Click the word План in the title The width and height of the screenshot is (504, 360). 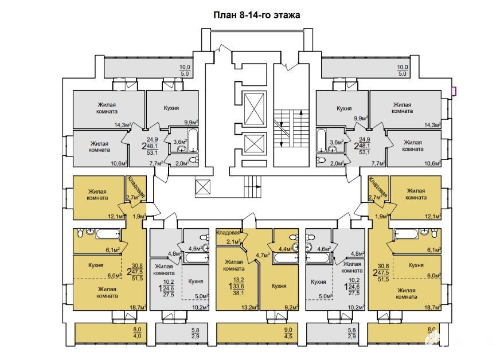[225, 15]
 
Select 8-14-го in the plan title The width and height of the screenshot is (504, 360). [255, 15]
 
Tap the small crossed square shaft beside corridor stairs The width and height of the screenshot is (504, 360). [203, 187]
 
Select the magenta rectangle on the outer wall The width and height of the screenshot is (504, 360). [454, 92]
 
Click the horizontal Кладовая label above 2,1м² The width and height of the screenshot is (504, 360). [228, 232]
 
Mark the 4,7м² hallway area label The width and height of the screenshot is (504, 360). [262, 256]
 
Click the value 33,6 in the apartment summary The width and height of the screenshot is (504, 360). [239, 287]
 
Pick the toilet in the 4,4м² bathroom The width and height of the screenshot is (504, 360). [293, 237]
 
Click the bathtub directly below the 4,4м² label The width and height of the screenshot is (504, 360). [286, 258]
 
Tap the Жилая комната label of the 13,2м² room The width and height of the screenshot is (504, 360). [235, 265]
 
